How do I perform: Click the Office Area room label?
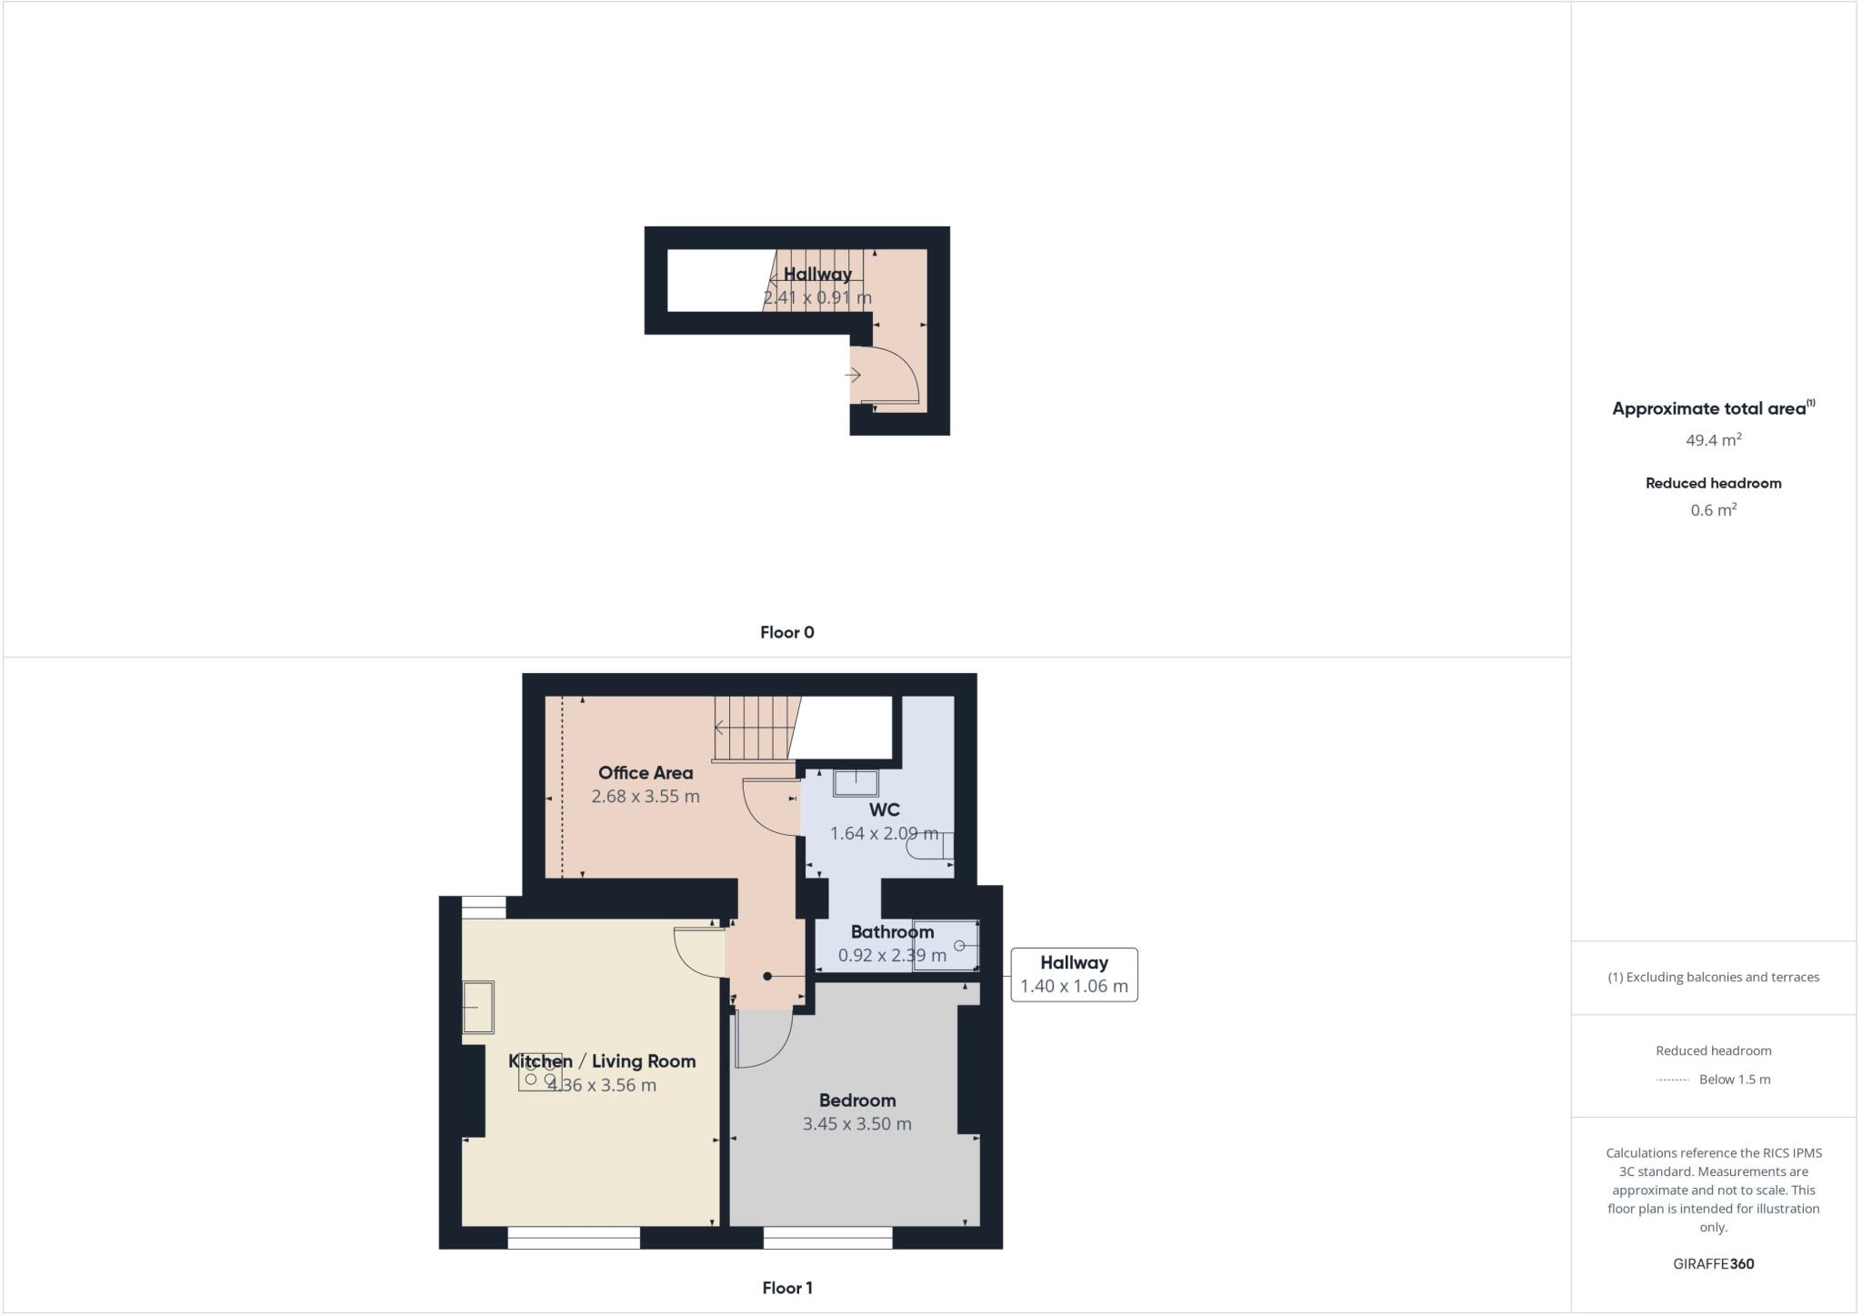[x=645, y=773]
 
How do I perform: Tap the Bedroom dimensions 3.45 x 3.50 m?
[x=856, y=1124]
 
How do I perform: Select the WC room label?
[x=884, y=810]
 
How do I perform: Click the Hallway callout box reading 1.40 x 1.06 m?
[x=1074, y=975]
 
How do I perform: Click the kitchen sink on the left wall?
[x=478, y=1007]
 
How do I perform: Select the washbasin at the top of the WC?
[x=856, y=782]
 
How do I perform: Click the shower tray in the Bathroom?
[x=946, y=946]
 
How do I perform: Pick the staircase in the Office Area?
[x=750, y=728]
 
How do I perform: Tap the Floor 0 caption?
[x=787, y=633]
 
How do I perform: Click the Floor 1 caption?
[x=787, y=1289]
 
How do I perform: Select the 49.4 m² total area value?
[x=1713, y=440]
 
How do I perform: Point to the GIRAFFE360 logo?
[x=1713, y=1264]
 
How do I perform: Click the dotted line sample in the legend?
[x=1672, y=1080]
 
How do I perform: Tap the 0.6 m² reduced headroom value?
[x=1713, y=510]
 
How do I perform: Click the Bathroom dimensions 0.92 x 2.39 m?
[x=892, y=956]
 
